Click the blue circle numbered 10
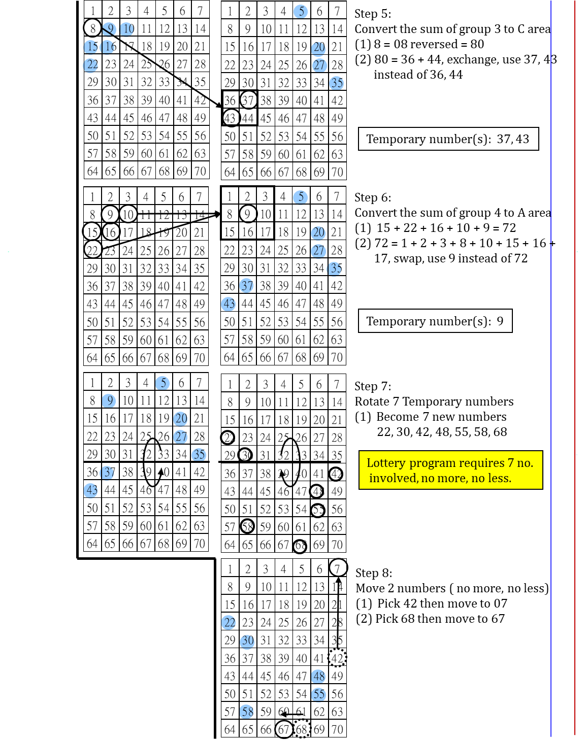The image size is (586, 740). pos(126,29)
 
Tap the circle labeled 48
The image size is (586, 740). pos(318,676)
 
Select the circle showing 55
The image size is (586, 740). pos(318,694)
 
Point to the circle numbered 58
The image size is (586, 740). pos(246,712)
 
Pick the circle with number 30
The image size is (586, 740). pos(247,641)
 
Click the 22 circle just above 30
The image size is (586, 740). pos(229,622)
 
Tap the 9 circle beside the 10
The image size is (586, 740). pos(109,29)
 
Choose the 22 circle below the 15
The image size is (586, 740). pos(90,65)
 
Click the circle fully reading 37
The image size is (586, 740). pos(246,285)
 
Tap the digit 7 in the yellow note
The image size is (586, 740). pos(510,463)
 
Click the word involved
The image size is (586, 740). pos(393,478)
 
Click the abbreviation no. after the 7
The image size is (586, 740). pos(525,463)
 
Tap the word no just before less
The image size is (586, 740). pos(477,478)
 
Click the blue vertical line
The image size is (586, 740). pos(551,355)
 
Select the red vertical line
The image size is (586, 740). pos(575,355)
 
